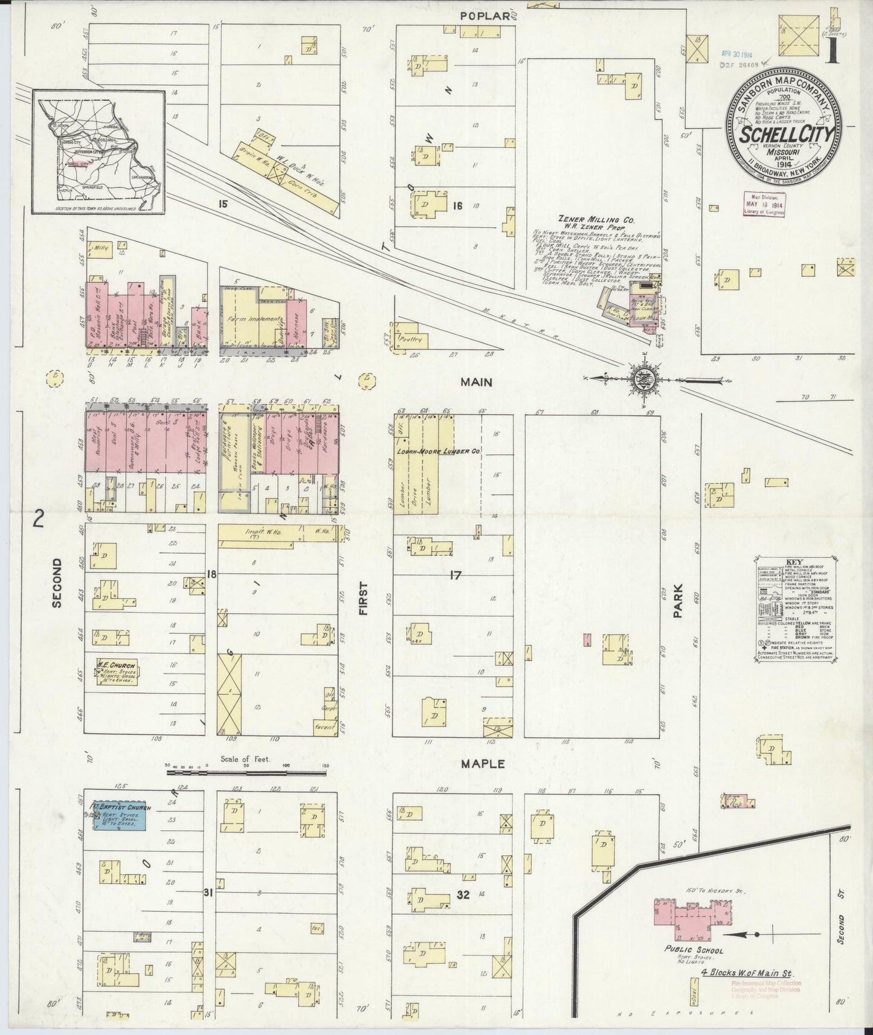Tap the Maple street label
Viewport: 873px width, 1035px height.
coord(483,764)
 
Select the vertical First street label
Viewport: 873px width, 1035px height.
coord(364,598)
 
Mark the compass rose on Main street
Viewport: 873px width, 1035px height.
coord(642,378)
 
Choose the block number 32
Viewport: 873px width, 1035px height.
coord(463,895)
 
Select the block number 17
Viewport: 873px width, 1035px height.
coord(455,575)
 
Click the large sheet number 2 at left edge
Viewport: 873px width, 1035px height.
coord(39,519)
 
